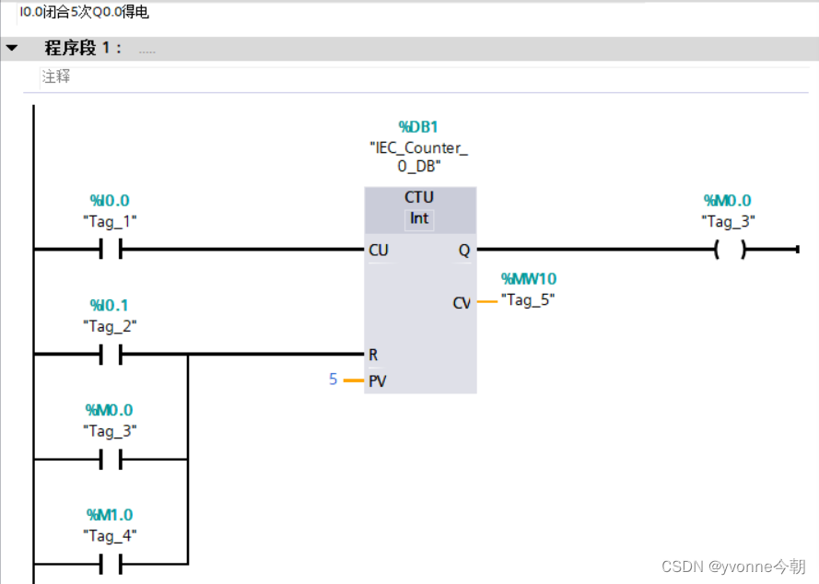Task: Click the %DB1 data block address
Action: pos(419,126)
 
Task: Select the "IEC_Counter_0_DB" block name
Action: pos(419,157)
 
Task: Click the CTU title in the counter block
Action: pos(419,197)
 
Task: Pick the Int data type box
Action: pos(419,219)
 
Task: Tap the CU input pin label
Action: pos(378,250)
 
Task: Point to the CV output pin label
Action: pos(462,302)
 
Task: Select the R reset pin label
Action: pos(373,355)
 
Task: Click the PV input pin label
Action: pos(377,380)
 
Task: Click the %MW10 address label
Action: pos(528,278)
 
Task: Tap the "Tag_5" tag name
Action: pos(528,299)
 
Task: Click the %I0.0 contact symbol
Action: pos(111,250)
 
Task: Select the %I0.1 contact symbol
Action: pos(111,355)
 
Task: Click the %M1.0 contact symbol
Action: pos(111,564)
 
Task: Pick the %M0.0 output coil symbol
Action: pos(730,250)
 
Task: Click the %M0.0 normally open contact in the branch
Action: pos(111,460)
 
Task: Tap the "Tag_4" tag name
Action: pos(111,534)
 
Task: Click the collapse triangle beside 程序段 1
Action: pos(12,48)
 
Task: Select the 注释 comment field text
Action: pos(56,77)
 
